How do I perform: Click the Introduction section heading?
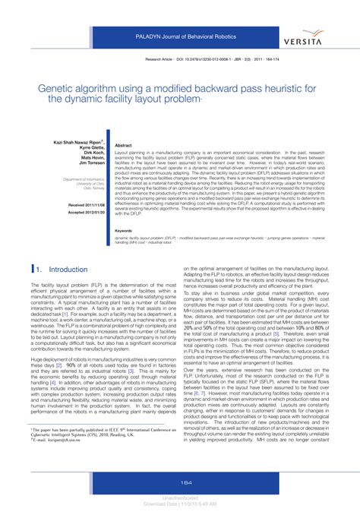[x=68, y=270]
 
